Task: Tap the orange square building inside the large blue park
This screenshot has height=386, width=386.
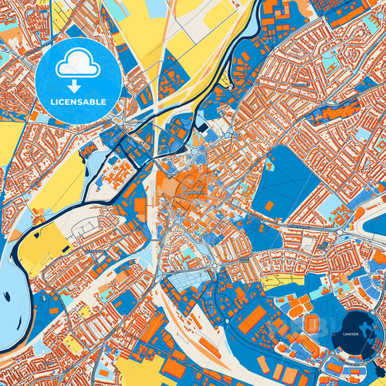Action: click(269, 206)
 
